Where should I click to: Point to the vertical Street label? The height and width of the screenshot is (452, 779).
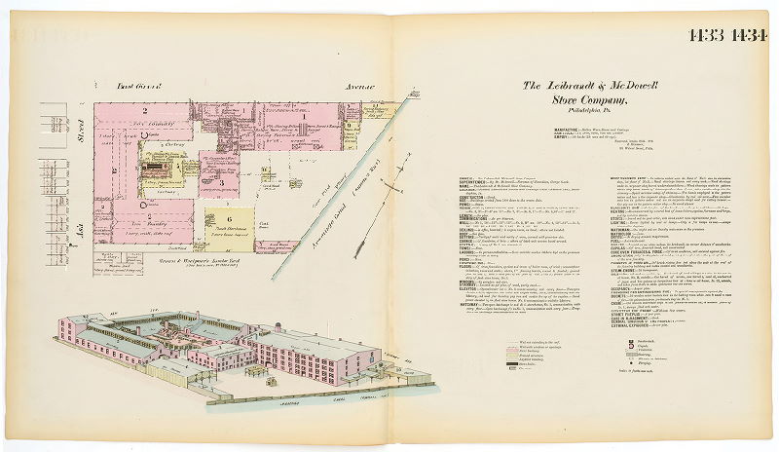point(81,130)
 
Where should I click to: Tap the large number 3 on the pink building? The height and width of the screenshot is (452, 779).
point(224,181)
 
